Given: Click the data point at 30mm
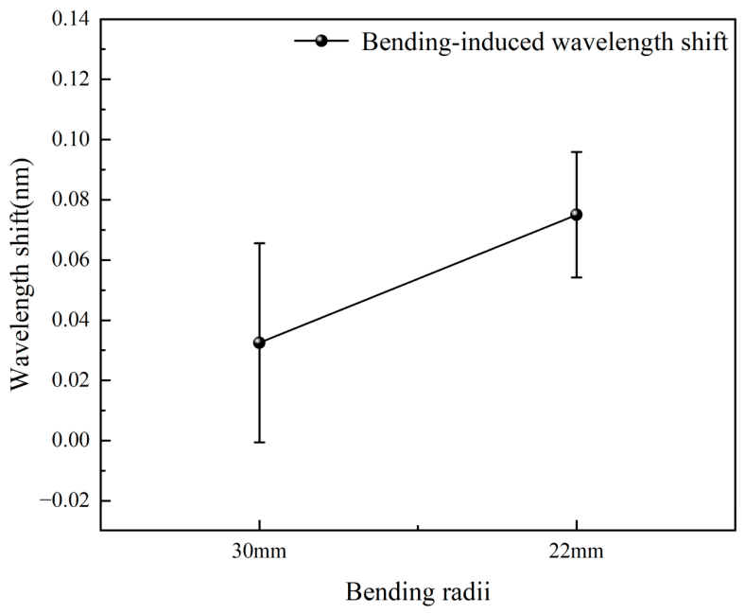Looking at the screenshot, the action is pyautogui.click(x=259, y=342).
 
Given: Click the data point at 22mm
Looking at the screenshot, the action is pyautogui.click(x=577, y=215).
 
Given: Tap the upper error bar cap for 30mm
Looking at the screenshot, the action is pyautogui.click(x=259, y=243).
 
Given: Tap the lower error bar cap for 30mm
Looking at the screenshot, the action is pyautogui.click(x=259, y=443).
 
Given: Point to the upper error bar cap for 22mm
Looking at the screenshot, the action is pyautogui.click(x=577, y=151).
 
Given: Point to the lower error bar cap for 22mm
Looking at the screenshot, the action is pyautogui.click(x=577, y=277).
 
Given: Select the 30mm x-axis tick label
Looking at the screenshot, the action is pyautogui.click(x=259, y=552).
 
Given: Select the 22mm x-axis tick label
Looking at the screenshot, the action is pyautogui.click(x=577, y=552).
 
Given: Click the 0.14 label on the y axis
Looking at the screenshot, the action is pyautogui.click(x=71, y=19).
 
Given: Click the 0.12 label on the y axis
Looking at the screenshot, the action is pyautogui.click(x=71, y=79).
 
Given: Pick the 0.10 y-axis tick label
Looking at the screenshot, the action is pyautogui.click(x=71, y=139).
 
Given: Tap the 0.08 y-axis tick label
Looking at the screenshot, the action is pyautogui.click(x=71, y=200).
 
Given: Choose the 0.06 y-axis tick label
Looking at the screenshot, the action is pyautogui.click(x=71, y=260).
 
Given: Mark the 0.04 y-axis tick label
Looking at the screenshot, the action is pyautogui.click(x=71, y=320).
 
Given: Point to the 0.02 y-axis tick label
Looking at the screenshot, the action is pyautogui.click(x=71, y=380).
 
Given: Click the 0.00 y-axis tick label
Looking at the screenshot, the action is pyautogui.click(x=71, y=441).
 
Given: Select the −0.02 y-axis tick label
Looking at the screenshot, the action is pyautogui.click(x=65, y=500).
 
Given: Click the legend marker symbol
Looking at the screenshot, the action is pyautogui.click(x=321, y=41).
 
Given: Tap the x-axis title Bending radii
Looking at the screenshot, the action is pyautogui.click(x=418, y=592).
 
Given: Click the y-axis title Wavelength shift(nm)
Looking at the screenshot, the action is pyautogui.click(x=21, y=274).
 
